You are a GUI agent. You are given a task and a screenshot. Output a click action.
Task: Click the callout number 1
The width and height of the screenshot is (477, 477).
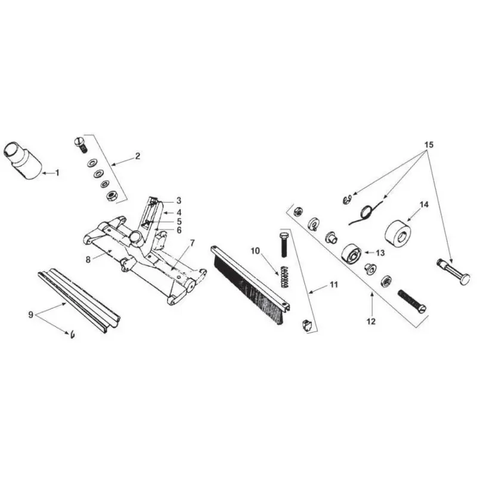click(x=58, y=173)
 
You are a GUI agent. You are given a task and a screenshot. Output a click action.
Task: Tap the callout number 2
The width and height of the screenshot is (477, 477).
click(x=137, y=156)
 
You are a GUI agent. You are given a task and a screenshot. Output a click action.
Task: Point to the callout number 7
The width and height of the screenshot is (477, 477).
click(x=193, y=243)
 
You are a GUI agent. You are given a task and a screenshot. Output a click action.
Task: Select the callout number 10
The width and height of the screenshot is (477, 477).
click(x=255, y=251)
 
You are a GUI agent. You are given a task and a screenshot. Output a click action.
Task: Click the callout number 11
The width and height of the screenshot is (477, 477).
click(x=333, y=285)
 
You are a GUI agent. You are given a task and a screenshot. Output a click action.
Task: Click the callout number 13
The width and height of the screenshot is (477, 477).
click(x=379, y=253)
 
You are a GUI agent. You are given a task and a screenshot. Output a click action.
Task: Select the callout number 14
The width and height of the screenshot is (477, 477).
click(x=424, y=205)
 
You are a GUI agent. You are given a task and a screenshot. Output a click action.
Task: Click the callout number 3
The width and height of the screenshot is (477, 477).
click(x=178, y=200)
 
